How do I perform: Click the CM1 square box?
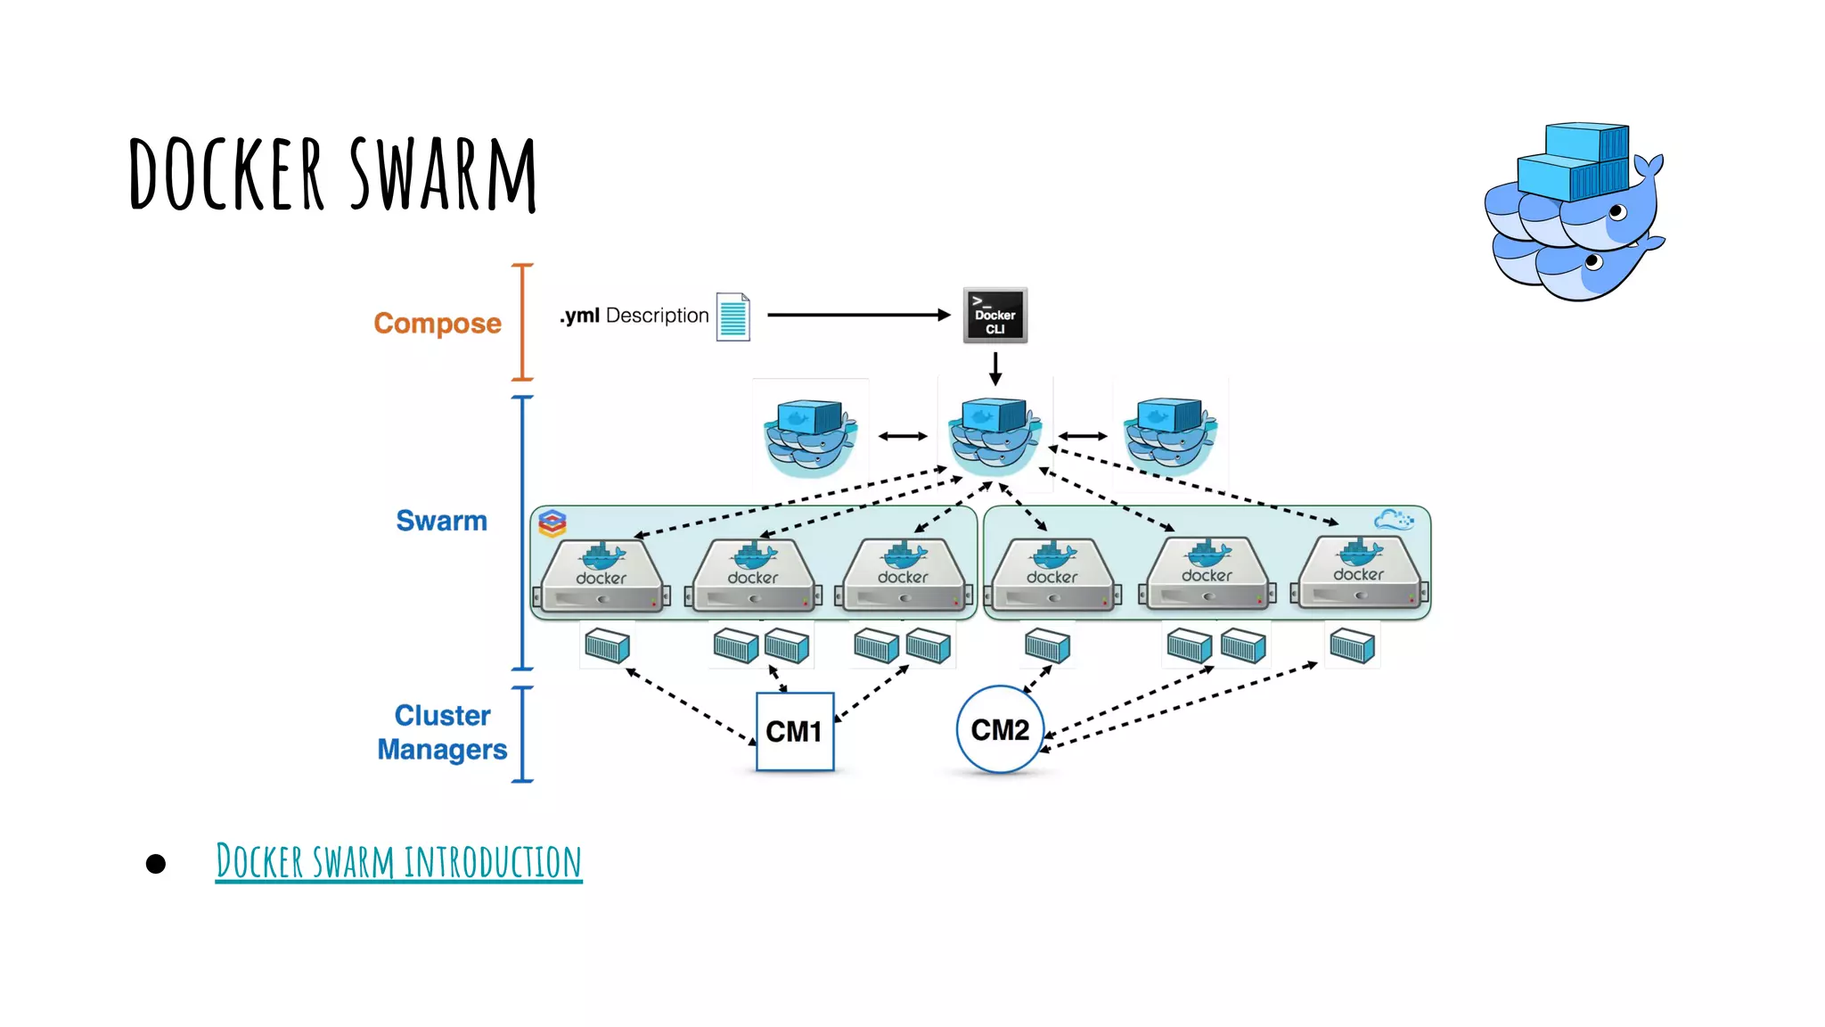(794, 731)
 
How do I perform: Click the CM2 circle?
(999, 729)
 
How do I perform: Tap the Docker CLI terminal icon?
(994, 315)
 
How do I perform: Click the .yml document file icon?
(732, 316)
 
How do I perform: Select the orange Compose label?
(437, 323)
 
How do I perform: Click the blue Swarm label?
(441, 521)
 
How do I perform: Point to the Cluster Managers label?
(442, 732)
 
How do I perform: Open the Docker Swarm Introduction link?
(398, 861)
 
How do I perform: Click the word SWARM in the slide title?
(442, 175)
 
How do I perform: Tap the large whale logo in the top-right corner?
(1574, 212)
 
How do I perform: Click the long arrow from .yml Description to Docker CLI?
(858, 315)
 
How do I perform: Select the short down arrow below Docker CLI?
(995, 367)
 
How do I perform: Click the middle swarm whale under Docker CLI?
(994, 435)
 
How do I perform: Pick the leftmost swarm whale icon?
(809, 437)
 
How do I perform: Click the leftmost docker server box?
(602, 576)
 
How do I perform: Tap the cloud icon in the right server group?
(1394, 519)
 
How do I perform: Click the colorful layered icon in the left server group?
(552, 523)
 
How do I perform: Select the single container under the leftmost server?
(607, 645)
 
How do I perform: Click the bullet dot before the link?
(156, 863)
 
